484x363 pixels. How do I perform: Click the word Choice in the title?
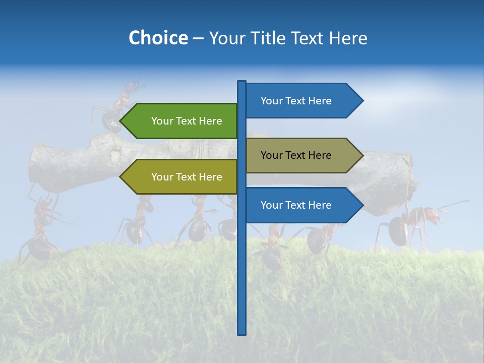(x=158, y=38)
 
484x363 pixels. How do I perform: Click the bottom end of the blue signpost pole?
(x=242, y=332)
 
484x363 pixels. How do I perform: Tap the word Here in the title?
(x=348, y=38)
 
